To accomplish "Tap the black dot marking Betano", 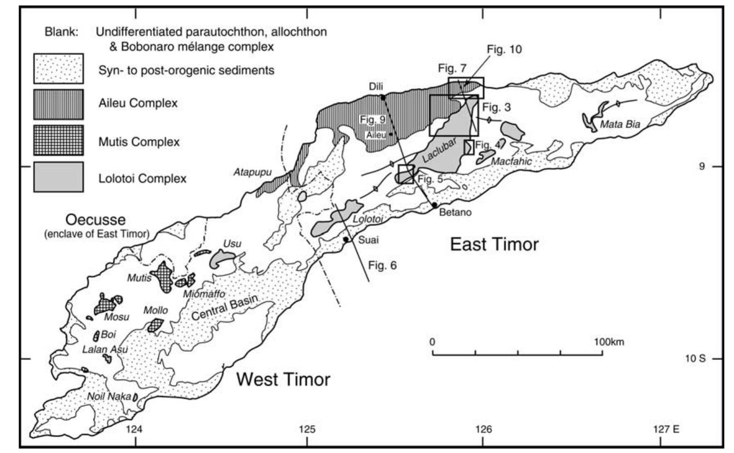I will pyautogui.click(x=434, y=205).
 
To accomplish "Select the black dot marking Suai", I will pyautogui.click(x=346, y=239).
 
